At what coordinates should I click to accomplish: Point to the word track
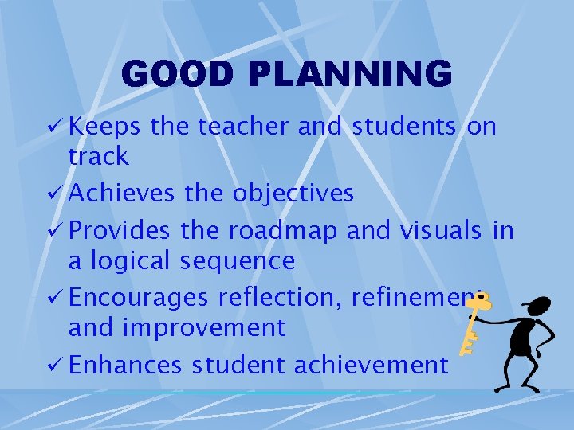click(98, 157)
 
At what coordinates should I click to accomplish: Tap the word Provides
click(120, 231)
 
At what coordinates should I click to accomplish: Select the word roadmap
click(287, 231)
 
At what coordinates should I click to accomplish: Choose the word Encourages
click(138, 298)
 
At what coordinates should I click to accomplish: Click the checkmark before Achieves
click(57, 193)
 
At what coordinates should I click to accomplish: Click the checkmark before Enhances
click(57, 365)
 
